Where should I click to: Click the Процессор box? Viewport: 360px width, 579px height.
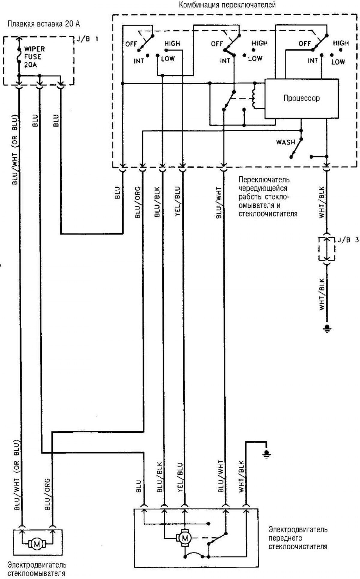301,98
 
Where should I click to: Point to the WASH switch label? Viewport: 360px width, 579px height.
286,142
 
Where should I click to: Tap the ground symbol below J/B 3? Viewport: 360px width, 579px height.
327,328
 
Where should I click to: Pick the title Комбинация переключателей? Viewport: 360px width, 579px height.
227,5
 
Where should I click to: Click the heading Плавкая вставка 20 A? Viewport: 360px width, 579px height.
44,24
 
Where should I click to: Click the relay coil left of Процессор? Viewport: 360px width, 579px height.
255,95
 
